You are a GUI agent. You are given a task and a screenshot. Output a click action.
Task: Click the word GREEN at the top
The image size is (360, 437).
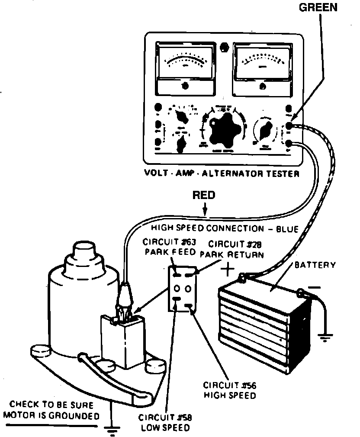click(x=318, y=8)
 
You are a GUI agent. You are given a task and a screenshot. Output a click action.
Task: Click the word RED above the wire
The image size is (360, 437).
click(x=204, y=196)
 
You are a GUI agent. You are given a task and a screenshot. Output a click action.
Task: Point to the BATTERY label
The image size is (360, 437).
click(x=315, y=264)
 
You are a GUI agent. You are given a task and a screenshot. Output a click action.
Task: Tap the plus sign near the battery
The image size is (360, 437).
click(x=228, y=270)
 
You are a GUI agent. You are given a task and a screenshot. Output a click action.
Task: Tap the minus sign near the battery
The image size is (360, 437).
click(x=315, y=286)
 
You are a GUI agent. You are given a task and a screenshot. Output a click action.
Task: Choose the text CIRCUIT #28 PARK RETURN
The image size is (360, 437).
click(x=233, y=250)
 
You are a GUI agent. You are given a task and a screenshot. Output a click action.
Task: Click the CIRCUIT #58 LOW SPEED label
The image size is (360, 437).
click(x=165, y=423)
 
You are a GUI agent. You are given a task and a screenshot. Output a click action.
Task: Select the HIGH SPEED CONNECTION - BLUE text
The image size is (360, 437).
click(x=225, y=228)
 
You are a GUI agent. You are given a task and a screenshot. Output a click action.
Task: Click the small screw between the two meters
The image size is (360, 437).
click(x=224, y=46)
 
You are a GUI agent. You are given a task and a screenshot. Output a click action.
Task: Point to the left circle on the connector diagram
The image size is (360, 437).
click(x=177, y=288)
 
